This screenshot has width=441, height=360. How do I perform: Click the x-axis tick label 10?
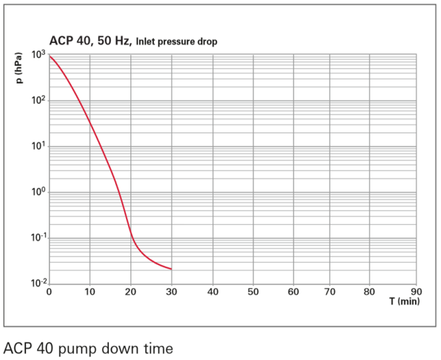point(90,292)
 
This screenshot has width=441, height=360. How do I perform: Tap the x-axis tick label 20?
point(131,292)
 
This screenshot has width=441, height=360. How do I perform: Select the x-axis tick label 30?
point(171,292)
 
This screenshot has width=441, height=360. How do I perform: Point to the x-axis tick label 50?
point(253,292)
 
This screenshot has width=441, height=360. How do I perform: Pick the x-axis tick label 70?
point(335,292)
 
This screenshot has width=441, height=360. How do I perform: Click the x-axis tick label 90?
point(416,292)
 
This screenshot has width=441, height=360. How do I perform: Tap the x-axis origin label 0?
point(49,292)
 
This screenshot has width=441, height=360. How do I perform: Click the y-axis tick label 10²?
point(39,101)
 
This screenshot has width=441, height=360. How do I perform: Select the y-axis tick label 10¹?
point(39,147)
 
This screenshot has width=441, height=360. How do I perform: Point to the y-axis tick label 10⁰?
point(39,192)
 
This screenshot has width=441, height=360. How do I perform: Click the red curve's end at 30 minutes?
point(171,269)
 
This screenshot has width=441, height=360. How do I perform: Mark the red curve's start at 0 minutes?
point(49,56)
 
